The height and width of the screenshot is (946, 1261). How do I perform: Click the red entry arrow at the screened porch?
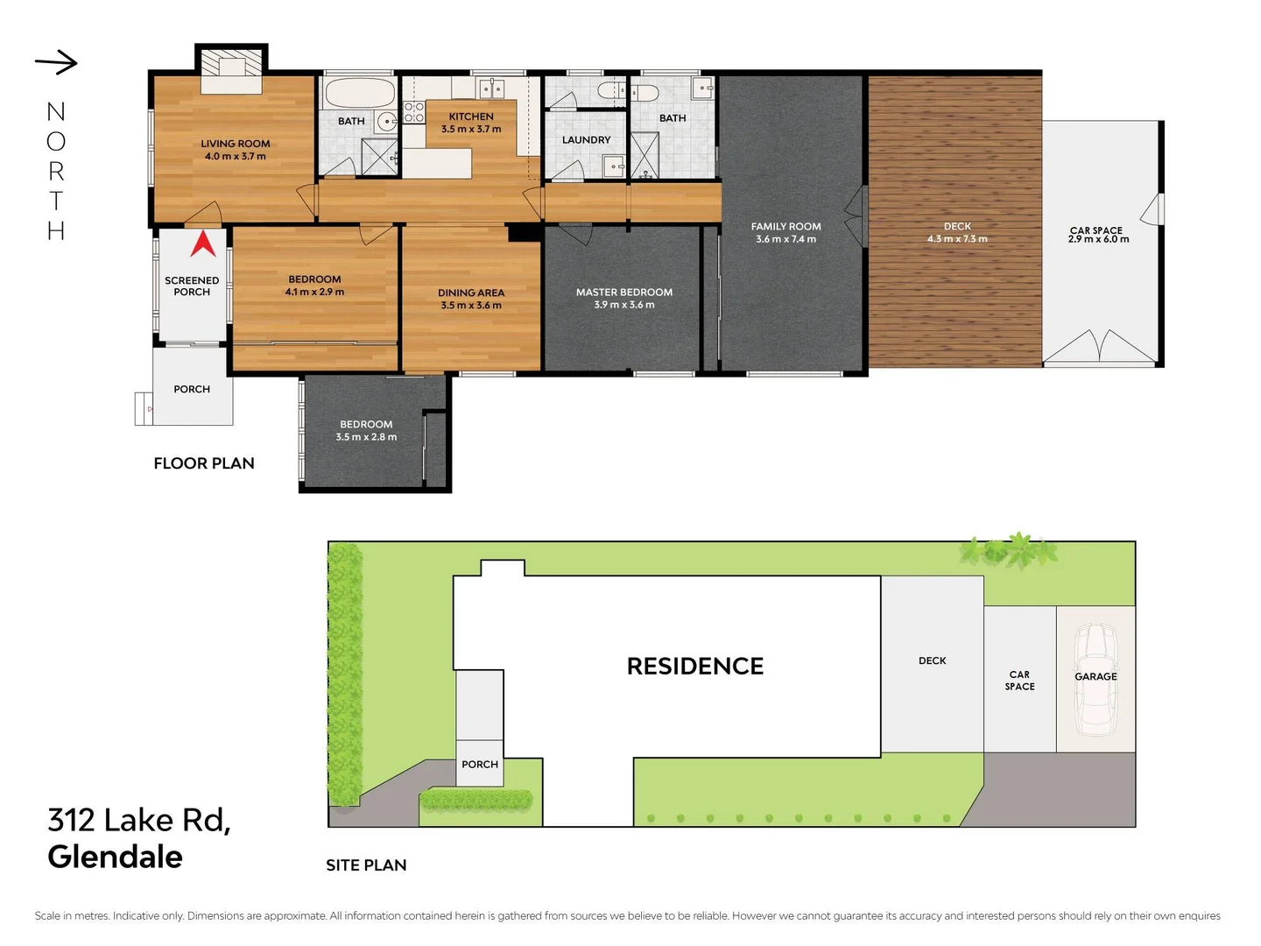click(x=203, y=244)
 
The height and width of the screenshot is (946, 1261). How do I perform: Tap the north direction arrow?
click(x=57, y=62)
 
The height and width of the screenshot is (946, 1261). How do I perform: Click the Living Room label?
click(x=235, y=144)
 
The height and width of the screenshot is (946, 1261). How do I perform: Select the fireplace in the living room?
click(x=231, y=68)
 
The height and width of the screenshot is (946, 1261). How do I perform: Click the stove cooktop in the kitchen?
click(x=413, y=112)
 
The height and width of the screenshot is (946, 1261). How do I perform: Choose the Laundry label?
click(x=586, y=140)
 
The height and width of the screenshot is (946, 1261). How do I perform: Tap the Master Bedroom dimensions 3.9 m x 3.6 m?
click(x=623, y=305)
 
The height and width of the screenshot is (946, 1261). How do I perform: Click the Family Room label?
click(x=785, y=226)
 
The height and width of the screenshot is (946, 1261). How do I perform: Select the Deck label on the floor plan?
click(x=957, y=226)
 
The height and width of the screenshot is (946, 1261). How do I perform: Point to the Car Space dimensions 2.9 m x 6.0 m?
click(x=1098, y=239)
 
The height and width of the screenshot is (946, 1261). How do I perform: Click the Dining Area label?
click(x=471, y=293)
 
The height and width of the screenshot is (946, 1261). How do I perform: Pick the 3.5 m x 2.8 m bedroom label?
click(x=366, y=430)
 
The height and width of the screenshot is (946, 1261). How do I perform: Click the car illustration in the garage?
click(x=1095, y=679)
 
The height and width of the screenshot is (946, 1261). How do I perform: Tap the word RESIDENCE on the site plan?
click(x=695, y=667)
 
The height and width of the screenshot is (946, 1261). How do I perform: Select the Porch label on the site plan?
click(x=480, y=765)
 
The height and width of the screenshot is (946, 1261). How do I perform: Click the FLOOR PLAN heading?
click(x=204, y=463)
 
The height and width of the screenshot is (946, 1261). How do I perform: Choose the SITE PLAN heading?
click(x=366, y=865)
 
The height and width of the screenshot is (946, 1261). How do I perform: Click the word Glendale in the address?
click(x=115, y=857)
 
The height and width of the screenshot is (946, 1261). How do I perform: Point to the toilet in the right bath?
click(x=645, y=92)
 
